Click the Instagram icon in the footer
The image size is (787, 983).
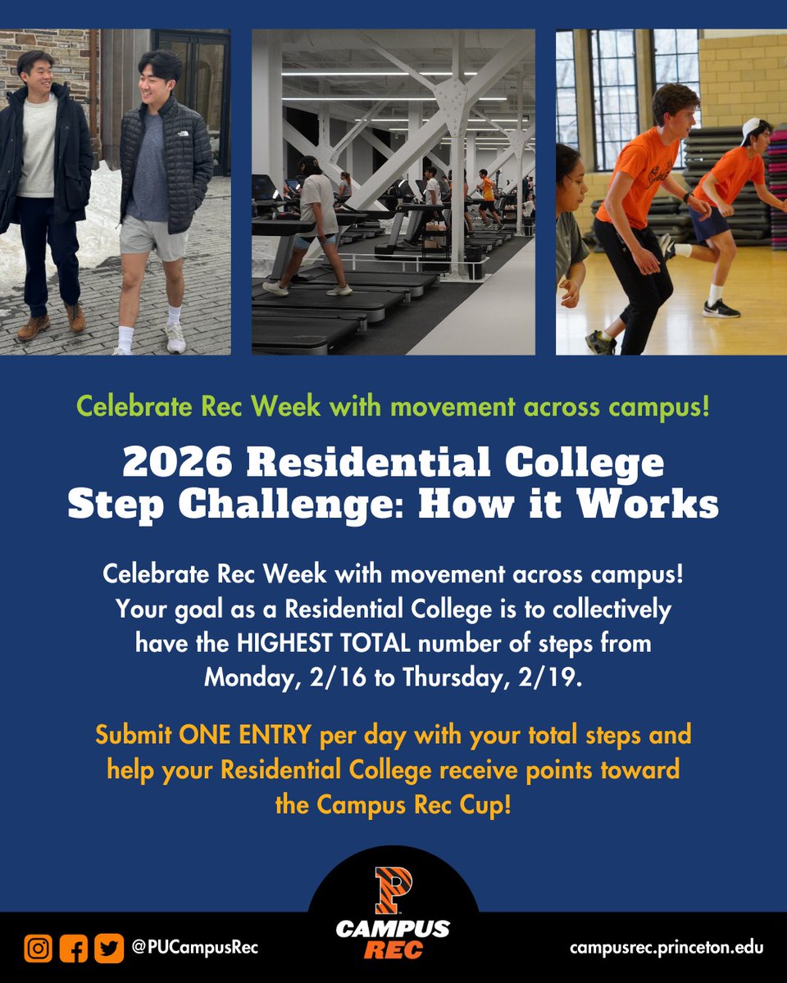click(38, 948)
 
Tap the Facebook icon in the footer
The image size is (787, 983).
click(73, 948)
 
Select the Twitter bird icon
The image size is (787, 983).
click(107, 948)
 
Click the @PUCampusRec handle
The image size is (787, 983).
click(194, 948)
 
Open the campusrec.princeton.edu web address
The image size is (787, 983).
click(666, 948)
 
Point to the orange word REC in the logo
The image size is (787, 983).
click(393, 951)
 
